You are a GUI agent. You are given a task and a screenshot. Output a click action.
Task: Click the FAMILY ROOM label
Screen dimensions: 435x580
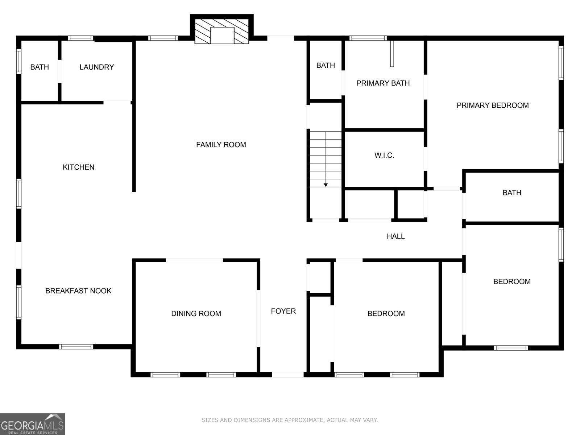(x=221, y=145)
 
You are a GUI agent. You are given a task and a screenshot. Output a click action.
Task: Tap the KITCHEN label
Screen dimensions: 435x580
(x=78, y=167)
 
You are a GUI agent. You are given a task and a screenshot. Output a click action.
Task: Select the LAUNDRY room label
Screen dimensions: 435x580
(x=96, y=67)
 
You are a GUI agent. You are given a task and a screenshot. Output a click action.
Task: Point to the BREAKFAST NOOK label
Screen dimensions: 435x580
(x=78, y=291)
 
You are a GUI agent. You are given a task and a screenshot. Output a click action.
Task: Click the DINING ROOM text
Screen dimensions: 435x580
(x=196, y=314)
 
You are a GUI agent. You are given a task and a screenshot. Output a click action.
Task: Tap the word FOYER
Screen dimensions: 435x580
(x=283, y=311)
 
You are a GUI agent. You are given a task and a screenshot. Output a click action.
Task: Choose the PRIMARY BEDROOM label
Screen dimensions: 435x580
(x=492, y=105)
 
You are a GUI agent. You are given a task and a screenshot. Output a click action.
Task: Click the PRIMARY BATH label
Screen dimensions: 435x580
(x=383, y=83)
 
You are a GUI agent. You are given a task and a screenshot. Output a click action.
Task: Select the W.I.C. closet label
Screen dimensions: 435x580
(x=384, y=156)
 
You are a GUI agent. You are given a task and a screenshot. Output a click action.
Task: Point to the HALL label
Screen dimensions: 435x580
(x=395, y=236)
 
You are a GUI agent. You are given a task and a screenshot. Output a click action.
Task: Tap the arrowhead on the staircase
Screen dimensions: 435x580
(x=326, y=185)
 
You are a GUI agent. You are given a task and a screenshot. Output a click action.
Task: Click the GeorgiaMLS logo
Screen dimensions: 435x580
(x=32, y=424)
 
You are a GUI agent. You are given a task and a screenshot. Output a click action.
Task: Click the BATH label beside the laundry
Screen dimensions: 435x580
(x=39, y=67)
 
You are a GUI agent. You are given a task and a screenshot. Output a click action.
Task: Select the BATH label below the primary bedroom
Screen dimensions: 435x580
(x=511, y=193)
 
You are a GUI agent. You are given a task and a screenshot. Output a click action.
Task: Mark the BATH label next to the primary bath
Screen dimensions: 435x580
(x=325, y=66)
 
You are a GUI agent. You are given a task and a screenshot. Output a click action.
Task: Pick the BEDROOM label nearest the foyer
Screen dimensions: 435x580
(x=386, y=314)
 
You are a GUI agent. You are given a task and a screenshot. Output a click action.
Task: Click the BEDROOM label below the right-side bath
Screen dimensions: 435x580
(x=511, y=282)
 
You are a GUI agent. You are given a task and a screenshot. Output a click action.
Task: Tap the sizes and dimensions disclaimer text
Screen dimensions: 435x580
(x=290, y=420)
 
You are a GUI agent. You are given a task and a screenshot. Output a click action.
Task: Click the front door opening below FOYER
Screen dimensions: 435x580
(x=287, y=374)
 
